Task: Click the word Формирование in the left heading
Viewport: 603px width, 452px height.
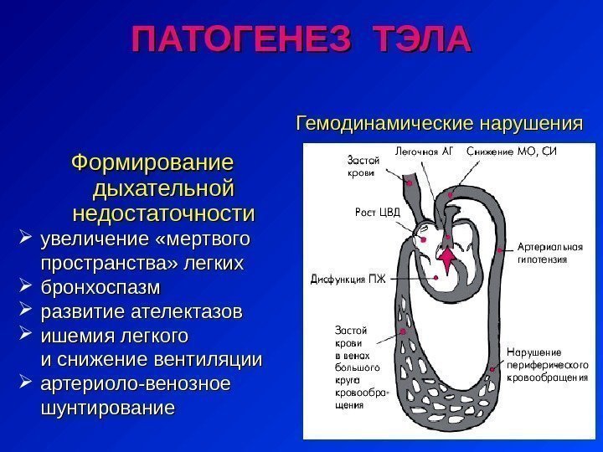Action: (x=152, y=159)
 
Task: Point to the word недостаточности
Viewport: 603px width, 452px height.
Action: (x=164, y=212)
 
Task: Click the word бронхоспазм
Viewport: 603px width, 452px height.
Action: (x=100, y=287)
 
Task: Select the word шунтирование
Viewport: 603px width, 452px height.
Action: (x=108, y=408)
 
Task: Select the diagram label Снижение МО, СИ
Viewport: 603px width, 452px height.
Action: (x=511, y=152)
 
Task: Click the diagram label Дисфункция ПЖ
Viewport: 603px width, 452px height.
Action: (x=348, y=278)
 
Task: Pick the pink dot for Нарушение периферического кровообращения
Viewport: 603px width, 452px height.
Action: (x=500, y=362)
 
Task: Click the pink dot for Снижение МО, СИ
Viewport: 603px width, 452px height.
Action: (x=451, y=194)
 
